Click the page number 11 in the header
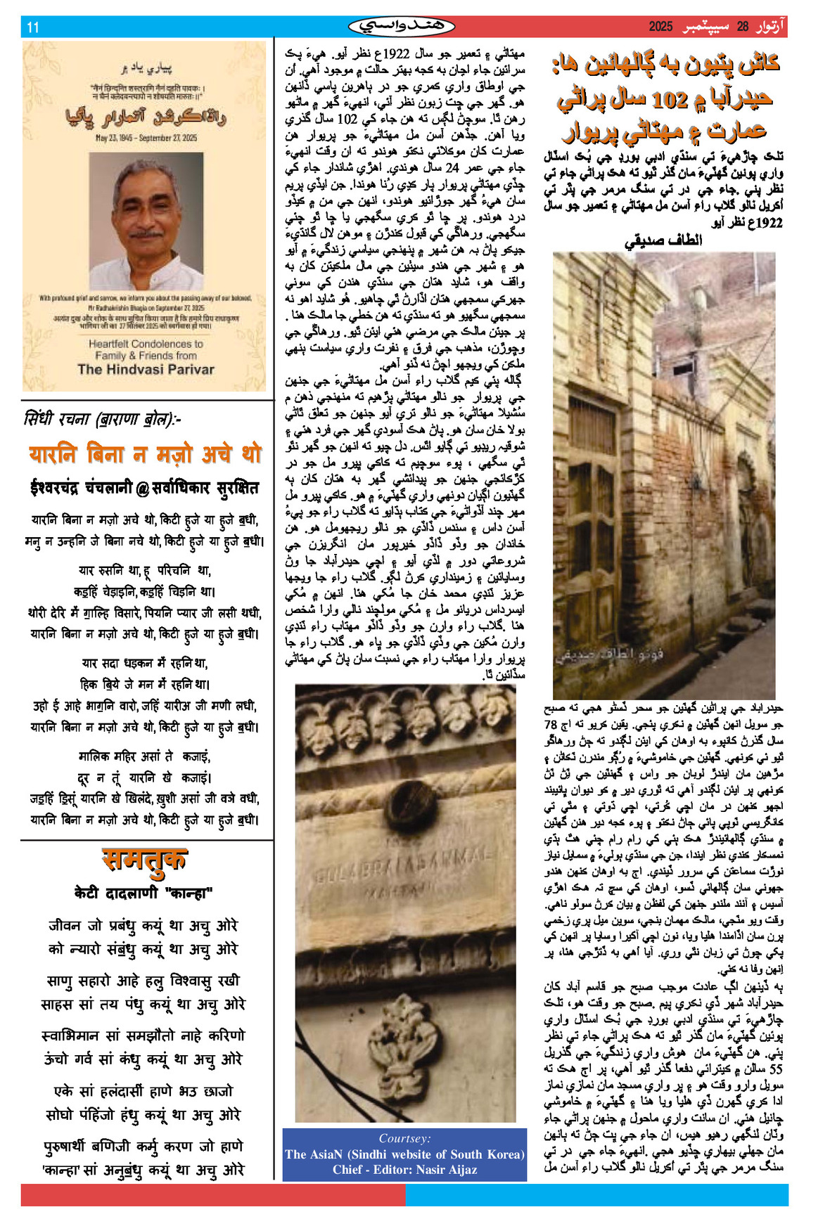click(33, 27)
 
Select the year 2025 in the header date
click(660, 27)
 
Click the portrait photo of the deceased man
click(146, 221)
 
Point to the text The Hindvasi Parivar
click(146, 369)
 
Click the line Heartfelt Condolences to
click(146, 344)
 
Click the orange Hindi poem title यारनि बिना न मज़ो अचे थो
click(145, 454)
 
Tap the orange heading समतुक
click(145, 859)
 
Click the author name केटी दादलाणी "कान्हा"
click(143, 893)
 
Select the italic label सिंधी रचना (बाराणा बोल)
click(102, 420)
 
